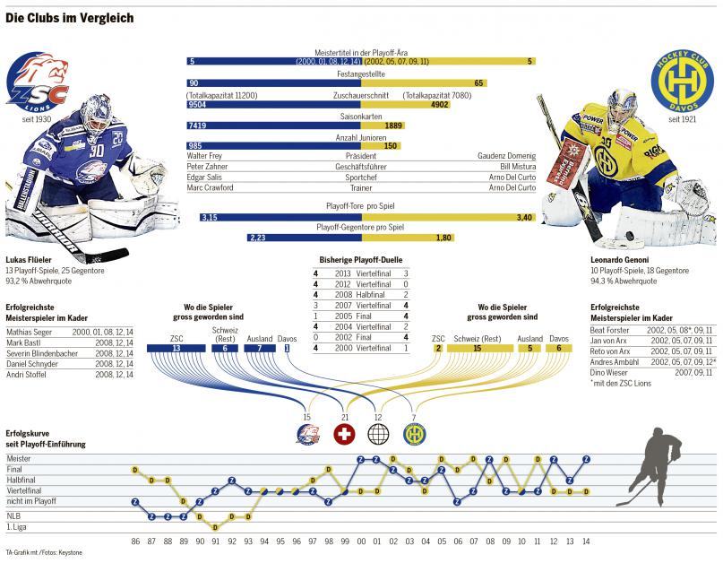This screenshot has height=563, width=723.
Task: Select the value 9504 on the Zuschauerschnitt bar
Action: (197, 105)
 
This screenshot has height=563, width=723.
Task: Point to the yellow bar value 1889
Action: (393, 126)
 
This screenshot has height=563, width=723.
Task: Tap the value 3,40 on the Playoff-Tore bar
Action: (525, 217)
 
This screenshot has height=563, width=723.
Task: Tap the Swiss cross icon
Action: (345, 435)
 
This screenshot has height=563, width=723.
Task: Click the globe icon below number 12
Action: (379, 435)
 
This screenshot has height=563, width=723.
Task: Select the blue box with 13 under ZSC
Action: (176, 348)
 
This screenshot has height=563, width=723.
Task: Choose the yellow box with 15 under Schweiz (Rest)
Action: (478, 348)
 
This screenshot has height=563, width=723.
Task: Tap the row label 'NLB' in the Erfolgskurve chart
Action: (13, 516)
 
